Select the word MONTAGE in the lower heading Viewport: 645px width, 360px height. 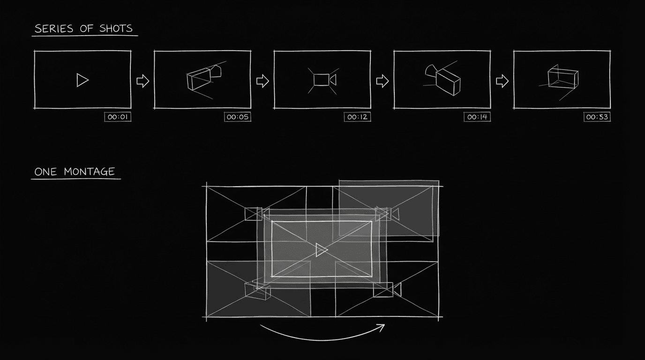coord(89,172)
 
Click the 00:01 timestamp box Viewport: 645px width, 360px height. coord(118,117)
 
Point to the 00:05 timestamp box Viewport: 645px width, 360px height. coord(237,117)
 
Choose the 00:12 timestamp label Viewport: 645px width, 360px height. coord(357,117)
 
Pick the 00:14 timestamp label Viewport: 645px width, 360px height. coord(477,117)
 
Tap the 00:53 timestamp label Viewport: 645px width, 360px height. coord(597,117)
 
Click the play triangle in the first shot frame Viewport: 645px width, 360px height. coord(82,81)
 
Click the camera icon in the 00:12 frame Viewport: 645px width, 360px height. coord(323,80)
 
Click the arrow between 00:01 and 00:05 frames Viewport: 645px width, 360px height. coord(142,81)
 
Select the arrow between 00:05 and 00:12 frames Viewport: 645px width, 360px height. coord(262,81)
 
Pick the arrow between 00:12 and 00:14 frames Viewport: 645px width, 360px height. coord(382,81)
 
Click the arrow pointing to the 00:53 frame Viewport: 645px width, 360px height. coord(502,81)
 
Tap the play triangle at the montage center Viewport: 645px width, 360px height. coord(322,250)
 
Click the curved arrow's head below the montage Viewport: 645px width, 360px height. coord(382,327)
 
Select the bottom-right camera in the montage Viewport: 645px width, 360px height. coord(387,290)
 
